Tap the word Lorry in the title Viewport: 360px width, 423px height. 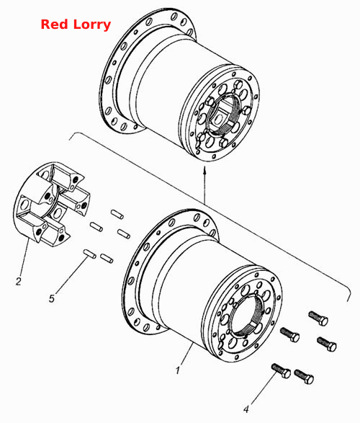click(x=92, y=25)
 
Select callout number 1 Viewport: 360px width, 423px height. click(x=177, y=370)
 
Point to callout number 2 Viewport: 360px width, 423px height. click(x=18, y=281)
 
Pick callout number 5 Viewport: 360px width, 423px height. click(x=52, y=298)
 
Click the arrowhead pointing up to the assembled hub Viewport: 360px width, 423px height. click(x=204, y=170)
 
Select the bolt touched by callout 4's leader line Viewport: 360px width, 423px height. click(x=281, y=370)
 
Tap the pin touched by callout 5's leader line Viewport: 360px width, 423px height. click(x=89, y=254)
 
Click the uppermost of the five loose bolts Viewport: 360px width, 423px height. click(x=318, y=318)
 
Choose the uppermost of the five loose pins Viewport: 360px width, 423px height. click(x=117, y=214)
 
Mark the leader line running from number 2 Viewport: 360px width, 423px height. click(x=24, y=258)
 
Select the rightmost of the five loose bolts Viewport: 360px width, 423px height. click(x=327, y=344)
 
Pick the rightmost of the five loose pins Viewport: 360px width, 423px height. click(x=124, y=234)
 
